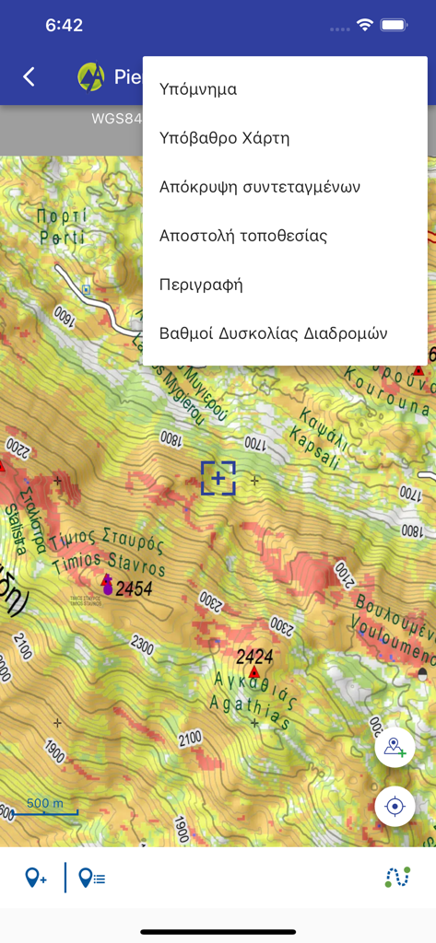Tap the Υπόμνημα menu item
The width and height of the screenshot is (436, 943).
(198, 89)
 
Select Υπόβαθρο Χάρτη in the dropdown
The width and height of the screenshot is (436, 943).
(224, 138)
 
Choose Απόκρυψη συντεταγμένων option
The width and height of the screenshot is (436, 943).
(259, 187)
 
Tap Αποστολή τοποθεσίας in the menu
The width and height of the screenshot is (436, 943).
(243, 236)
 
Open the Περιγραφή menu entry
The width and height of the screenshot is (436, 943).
(201, 285)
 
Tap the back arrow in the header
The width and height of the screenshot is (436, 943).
(29, 77)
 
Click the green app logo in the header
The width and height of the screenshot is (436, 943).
(91, 76)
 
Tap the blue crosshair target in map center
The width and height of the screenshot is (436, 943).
(218, 478)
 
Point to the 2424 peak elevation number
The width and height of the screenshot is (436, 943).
(254, 657)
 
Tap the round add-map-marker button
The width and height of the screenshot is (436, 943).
(395, 747)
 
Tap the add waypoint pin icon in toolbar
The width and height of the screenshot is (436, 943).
(36, 878)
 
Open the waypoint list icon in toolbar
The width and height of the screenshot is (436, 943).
(91, 878)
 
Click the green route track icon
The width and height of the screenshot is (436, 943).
(396, 878)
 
